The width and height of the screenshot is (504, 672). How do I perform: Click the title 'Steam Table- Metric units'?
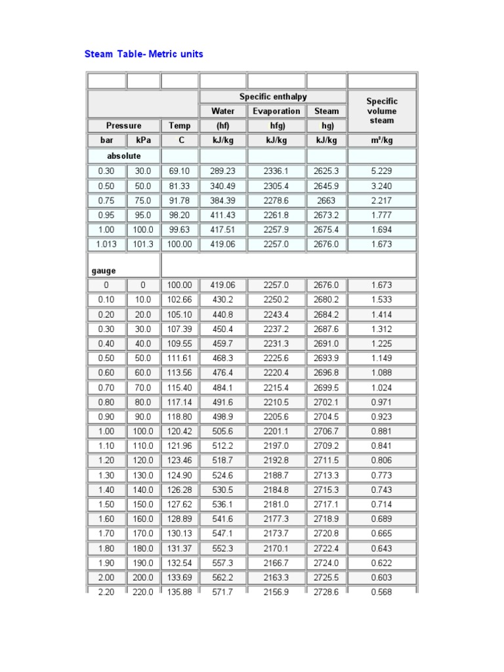point(144,54)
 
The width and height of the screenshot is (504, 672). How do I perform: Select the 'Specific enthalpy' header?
point(272,97)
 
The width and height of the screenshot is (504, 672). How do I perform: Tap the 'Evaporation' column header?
point(276,112)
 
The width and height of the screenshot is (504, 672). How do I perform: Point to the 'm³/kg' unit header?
point(381,140)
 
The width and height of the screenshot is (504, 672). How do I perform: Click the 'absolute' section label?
point(123,156)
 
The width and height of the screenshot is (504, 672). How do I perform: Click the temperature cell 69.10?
point(179,171)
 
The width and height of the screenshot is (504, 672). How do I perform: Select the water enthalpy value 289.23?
point(222,171)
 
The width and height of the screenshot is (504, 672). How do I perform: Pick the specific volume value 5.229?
point(381,171)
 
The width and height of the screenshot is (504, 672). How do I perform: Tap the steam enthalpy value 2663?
point(326,200)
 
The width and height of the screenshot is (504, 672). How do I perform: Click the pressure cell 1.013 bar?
point(106,244)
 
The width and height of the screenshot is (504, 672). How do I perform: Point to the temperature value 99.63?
point(179,230)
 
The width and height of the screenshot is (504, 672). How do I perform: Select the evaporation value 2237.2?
point(276,329)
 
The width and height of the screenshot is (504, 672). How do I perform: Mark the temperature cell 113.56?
point(179,373)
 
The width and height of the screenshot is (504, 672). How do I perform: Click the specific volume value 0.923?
point(381,417)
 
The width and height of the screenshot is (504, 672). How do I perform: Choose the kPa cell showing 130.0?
point(143,476)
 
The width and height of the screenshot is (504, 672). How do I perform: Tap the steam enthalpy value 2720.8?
point(326,534)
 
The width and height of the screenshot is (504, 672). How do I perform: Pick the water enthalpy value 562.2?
point(222,578)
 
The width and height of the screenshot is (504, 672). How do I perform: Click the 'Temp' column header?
point(179,125)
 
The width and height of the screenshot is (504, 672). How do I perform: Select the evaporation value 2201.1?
point(276,432)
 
